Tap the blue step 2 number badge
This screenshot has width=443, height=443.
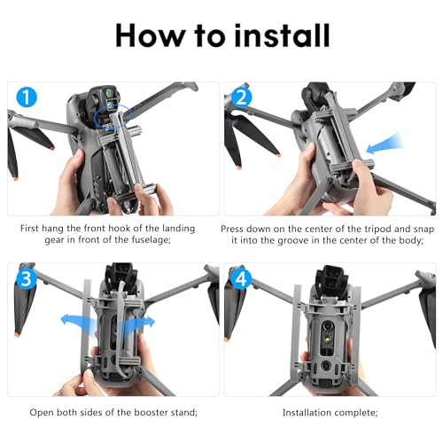[241, 98]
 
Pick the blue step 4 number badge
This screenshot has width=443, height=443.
[241, 279]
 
